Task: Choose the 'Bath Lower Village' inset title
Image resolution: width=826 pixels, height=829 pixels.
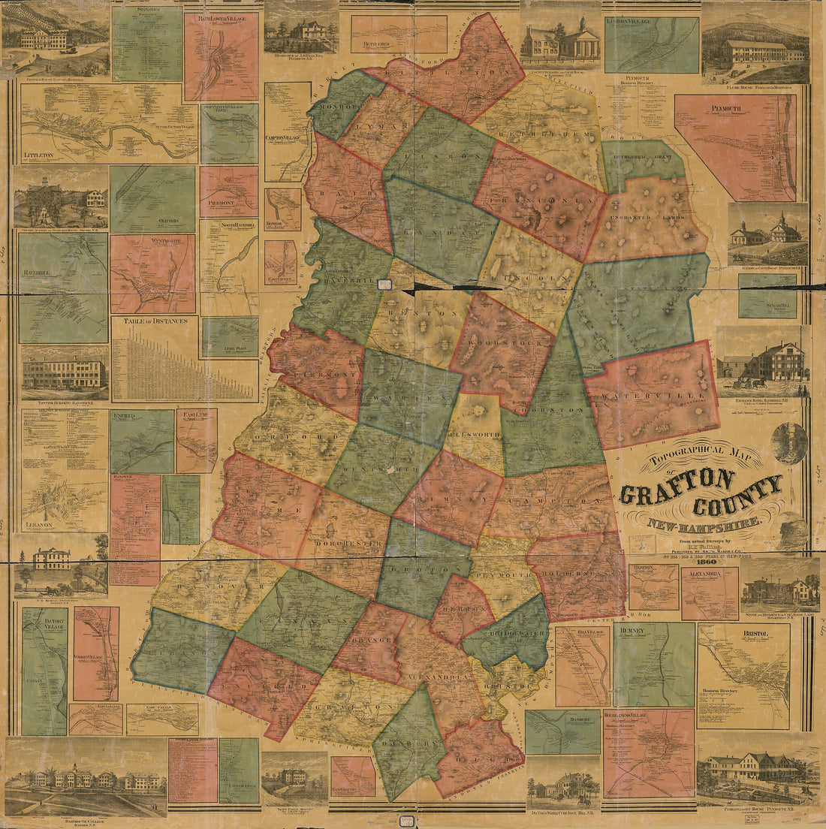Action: point(221,17)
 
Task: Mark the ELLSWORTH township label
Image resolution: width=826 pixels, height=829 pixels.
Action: point(474,433)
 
